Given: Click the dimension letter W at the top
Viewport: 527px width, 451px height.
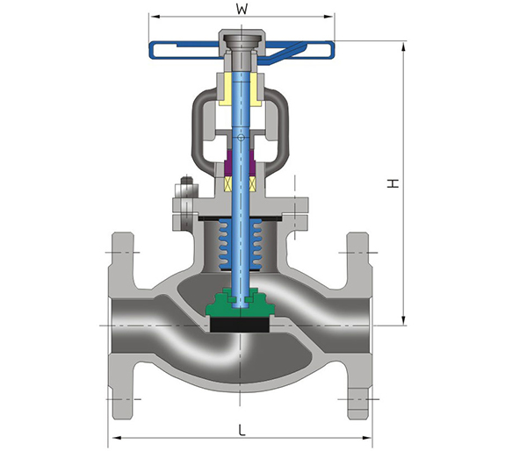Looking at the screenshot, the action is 242,9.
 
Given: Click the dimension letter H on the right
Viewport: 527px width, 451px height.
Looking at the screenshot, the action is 393,183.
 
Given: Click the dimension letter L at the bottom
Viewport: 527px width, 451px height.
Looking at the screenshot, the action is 242,430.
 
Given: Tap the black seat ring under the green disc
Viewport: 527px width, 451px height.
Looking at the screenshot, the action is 240,325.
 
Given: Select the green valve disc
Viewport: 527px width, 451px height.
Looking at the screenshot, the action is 240,302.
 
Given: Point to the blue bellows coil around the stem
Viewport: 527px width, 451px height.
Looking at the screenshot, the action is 241,244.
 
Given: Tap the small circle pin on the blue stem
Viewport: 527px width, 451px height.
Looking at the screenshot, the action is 241,138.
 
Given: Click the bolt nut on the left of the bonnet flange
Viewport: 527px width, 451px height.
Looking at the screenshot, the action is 186,182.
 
